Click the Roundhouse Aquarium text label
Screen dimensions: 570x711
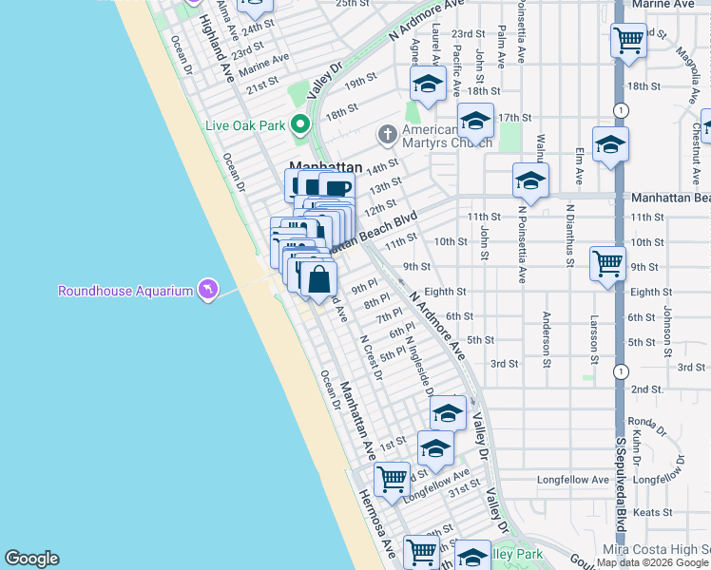[125, 291]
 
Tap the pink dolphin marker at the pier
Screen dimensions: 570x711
[207, 289]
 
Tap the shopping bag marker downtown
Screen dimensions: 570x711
[319, 280]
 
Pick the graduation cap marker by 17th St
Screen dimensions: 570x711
[475, 121]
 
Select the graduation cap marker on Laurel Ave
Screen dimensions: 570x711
[428, 85]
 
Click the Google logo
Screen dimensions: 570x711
[31, 559]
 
